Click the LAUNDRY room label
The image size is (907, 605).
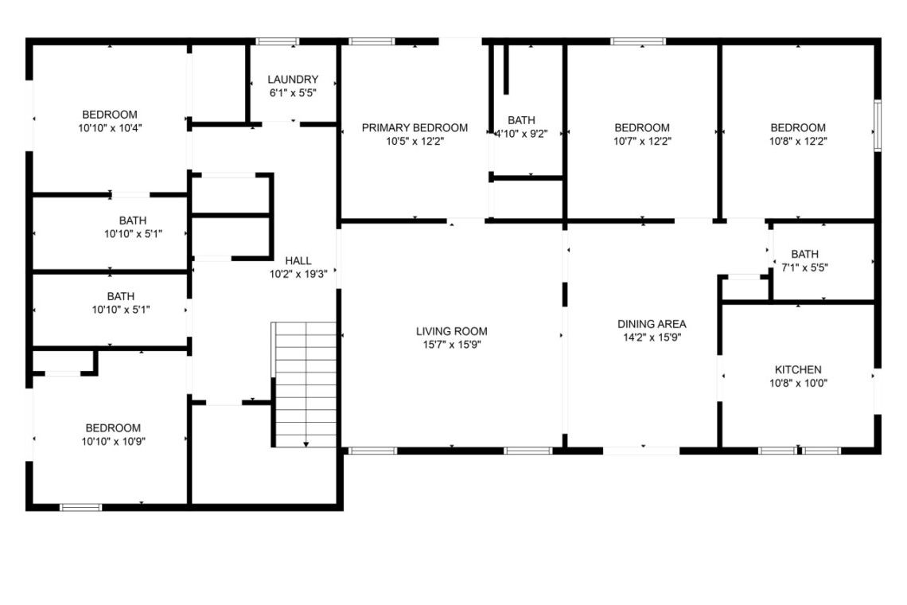click(293, 80)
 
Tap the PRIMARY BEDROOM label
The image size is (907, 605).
click(415, 127)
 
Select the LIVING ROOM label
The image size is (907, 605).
click(452, 331)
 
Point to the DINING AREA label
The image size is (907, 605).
click(652, 324)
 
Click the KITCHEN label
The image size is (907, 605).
click(798, 369)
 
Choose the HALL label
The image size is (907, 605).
click(298, 260)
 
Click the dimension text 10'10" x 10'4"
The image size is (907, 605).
click(110, 128)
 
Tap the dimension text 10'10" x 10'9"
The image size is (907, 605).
click(113, 441)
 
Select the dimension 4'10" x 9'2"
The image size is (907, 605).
click(521, 134)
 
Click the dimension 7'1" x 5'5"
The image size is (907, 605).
click(804, 267)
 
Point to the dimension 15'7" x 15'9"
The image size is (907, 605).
click(452, 345)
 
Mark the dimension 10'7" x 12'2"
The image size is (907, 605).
click(642, 141)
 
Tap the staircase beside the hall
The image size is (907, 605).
click(304, 384)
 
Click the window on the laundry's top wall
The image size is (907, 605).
click(278, 41)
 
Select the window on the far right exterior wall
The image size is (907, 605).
click(878, 126)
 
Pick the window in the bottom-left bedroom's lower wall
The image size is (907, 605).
click(81, 508)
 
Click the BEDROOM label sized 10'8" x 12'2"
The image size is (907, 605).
click(798, 127)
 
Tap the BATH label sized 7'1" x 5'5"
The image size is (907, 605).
click(804, 254)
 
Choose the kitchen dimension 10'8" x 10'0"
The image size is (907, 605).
click(798, 383)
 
